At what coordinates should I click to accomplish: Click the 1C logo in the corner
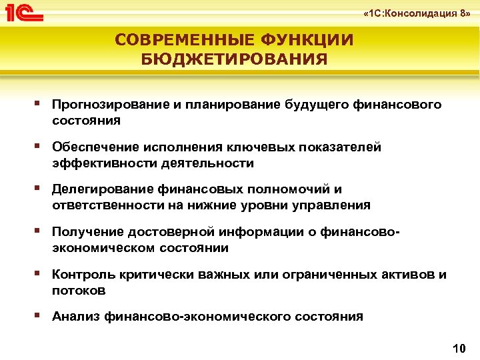[x=24, y=12]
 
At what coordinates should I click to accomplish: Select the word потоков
[x=79, y=291]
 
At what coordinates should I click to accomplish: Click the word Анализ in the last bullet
[x=75, y=317]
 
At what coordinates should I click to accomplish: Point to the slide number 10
[x=458, y=348]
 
